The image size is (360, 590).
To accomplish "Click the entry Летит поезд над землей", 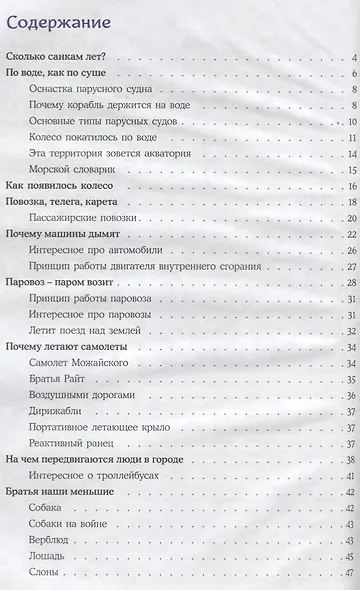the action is [x=90, y=330].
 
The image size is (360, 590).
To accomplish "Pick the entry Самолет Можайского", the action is [x=86, y=363].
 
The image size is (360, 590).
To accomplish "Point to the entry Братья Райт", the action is [x=63, y=379].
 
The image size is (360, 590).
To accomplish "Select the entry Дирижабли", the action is [x=60, y=410].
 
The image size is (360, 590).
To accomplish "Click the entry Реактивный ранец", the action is [x=76, y=442].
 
